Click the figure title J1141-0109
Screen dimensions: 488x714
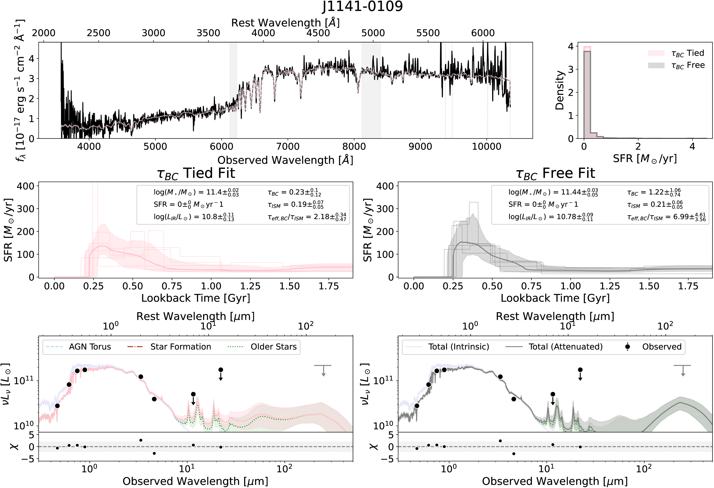click(x=362, y=7)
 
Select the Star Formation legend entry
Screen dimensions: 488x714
click(x=180, y=347)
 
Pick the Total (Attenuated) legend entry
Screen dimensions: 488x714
click(x=565, y=347)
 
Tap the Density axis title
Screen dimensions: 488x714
click(x=560, y=90)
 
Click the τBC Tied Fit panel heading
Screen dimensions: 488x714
click(x=196, y=174)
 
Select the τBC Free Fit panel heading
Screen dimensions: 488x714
click(x=555, y=174)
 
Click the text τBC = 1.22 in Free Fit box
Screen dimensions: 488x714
click(x=653, y=193)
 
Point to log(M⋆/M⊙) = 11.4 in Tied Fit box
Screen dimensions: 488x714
click(x=196, y=193)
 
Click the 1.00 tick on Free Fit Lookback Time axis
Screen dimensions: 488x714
click(x=570, y=286)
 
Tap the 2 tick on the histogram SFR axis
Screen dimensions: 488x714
click(x=638, y=146)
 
